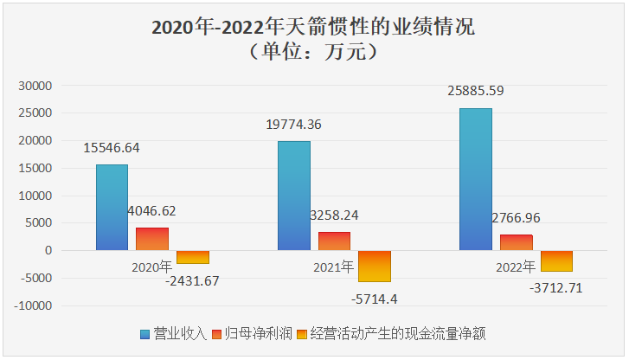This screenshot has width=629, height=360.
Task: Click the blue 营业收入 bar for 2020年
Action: pos(112,208)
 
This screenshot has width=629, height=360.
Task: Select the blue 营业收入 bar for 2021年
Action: pos(294,196)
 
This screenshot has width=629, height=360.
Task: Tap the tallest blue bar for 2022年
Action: pos(476,179)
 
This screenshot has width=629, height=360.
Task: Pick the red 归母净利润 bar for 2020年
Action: pos(152,239)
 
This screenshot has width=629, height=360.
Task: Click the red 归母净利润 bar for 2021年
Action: pos(335,241)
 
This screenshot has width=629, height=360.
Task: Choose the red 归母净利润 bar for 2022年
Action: pos(517,242)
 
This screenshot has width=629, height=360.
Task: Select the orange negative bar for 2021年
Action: pos(375,266)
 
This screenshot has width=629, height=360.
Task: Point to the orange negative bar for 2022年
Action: pos(556,260)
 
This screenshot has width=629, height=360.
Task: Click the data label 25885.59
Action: pos(477,89)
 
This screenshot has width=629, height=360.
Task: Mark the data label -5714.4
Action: pos(375,299)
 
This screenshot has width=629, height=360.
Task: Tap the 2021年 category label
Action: pos(334,267)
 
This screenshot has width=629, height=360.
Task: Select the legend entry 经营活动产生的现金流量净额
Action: pos(396,334)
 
